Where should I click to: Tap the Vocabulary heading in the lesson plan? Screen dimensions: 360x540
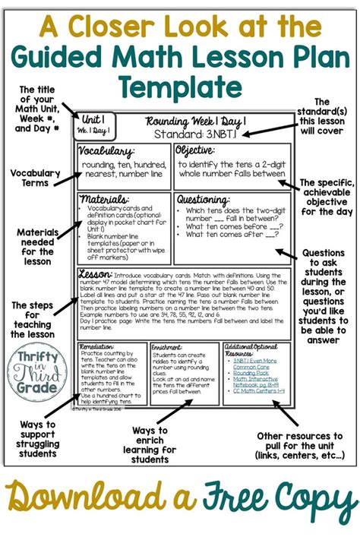[107, 151]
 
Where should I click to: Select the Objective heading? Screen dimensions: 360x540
[197, 150]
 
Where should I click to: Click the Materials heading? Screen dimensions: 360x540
[103, 199]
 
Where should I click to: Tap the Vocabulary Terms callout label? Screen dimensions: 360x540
[36, 178]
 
